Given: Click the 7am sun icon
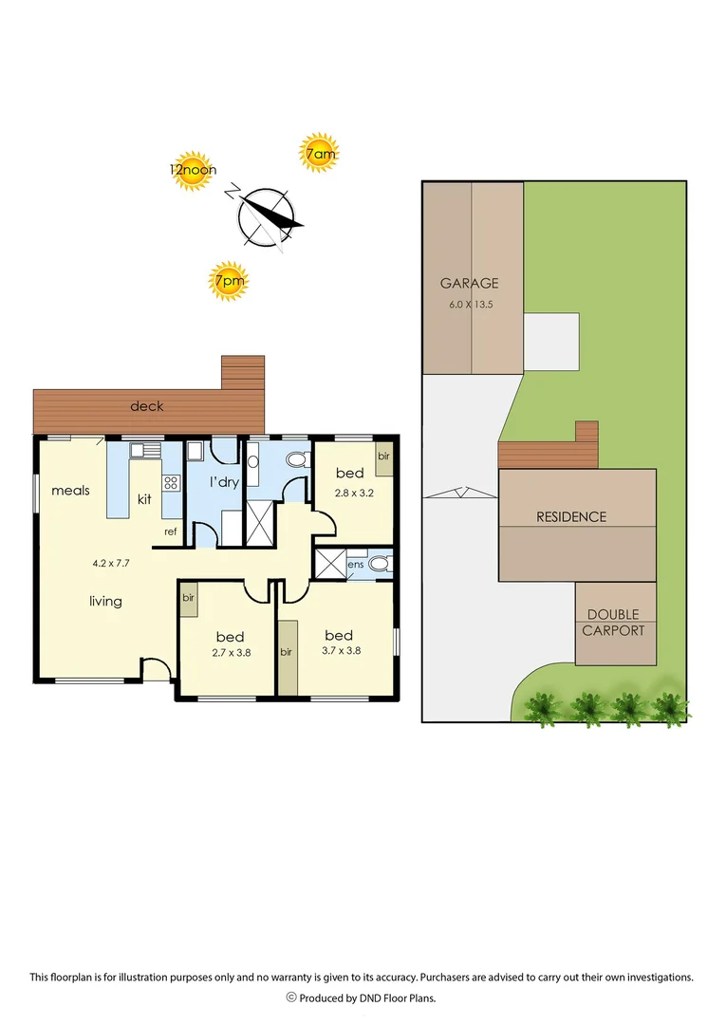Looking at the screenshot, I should point(319,153).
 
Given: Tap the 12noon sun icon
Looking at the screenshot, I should point(193,171).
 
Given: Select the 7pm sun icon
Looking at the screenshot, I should point(228,281).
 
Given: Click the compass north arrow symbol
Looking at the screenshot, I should point(265,215).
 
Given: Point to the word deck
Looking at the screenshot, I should point(147,406).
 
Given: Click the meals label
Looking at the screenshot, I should point(70,491).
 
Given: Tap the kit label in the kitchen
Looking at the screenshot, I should point(144,498).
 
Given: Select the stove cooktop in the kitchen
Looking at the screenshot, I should point(171,482).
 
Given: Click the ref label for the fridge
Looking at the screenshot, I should point(171,531).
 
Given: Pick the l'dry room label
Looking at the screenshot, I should point(224,482).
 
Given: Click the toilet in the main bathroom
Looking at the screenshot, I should point(295,460).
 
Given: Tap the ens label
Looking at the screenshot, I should point(355,564).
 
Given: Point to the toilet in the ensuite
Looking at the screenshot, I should point(380,564).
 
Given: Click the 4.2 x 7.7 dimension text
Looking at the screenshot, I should point(111,563).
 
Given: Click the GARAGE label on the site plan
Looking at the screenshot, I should point(469,283).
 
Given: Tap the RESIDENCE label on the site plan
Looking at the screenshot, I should point(571,517).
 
